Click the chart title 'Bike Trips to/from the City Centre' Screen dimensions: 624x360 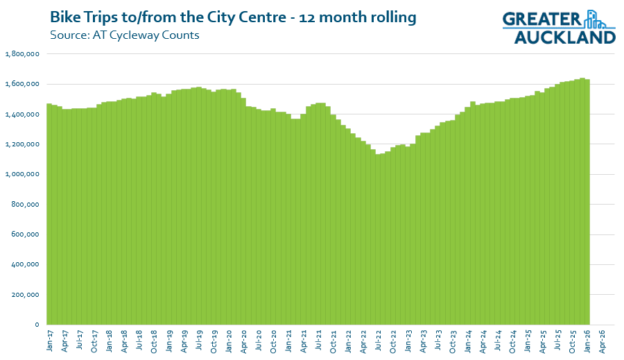pos(168,17)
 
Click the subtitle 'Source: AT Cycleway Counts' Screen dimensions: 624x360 pos(125,35)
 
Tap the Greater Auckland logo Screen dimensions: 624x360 pos(559,26)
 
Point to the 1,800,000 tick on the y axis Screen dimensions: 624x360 pos(22,54)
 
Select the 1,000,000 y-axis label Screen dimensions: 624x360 pos(22,174)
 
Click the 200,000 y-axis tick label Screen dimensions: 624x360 pos(25,295)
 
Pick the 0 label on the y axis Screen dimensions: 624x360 pos(37,325)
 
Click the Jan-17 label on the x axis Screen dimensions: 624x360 pos(50,341)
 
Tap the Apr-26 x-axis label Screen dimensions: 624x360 pos(602,341)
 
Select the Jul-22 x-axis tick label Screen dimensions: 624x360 pos(378,341)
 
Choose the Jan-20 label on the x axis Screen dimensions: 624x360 pos(229,341)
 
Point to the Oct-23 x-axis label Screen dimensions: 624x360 pos(453,341)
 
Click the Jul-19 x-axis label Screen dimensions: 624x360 pos(199,341)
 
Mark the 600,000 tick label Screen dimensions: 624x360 pos(25,234)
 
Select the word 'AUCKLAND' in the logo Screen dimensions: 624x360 pos(565,37)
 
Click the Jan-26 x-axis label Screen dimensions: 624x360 pos(587,341)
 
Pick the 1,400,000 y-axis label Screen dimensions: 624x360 pos(22,114)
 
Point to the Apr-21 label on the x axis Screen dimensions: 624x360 pos(303,341)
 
